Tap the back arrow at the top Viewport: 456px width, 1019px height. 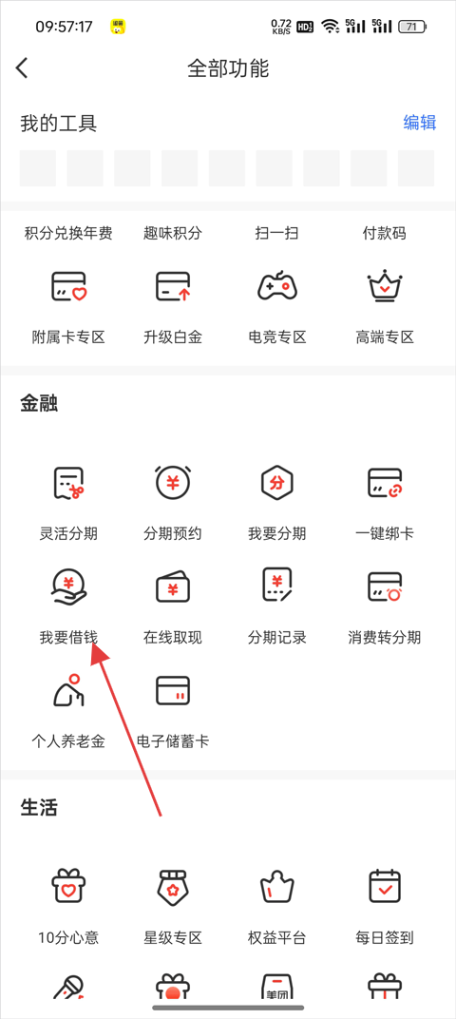pyautogui.click(x=22, y=68)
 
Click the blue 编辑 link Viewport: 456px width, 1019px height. pyautogui.click(x=420, y=123)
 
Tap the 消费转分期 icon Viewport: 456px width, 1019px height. pyautogui.click(x=385, y=587)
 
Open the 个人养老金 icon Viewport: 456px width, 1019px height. pyautogui.click(x=68, y=690)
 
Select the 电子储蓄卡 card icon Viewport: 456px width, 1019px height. pyautogui.click(x=173, y=690)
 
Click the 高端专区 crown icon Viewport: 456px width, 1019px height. pyautogui.click(x=385, y=285)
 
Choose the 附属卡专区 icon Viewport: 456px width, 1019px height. pyautogui.click(x=68, y=287)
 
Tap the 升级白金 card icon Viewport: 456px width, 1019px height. pyautogui.click(x=173, y=287)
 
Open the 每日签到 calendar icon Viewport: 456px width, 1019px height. pyautogui.click(x=385, y=886)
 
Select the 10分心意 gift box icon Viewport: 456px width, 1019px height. pyautogui.click(x=68, y=886)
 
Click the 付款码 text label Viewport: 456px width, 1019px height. pyautogui.click(x=385, y=233)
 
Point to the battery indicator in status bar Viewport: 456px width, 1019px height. pyautogui.click(x=412, y=27)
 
